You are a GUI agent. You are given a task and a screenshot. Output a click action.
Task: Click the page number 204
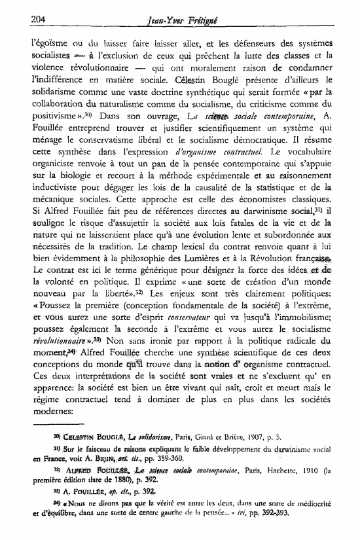[x=22, y=20]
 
